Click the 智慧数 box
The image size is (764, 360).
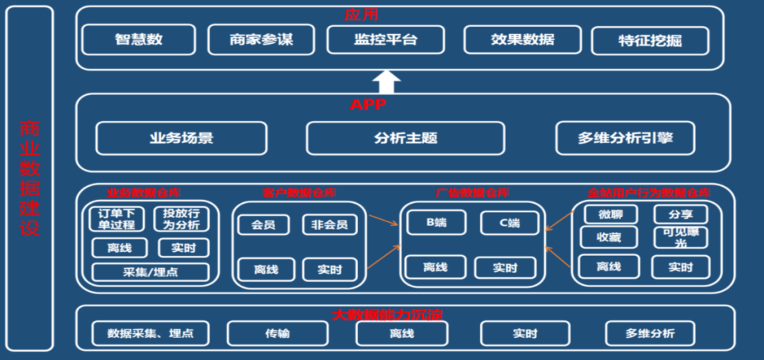point(139,40)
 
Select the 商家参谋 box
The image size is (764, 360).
point(261,40)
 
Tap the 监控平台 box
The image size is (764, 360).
point(386,40)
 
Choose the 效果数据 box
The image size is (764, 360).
point(523,40)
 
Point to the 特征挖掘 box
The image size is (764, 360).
point(649,41)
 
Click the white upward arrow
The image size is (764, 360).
point(386,82)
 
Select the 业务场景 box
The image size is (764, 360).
point(181,139)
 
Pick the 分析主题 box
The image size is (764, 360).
point(405,139)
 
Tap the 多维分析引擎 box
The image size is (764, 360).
point(625,139)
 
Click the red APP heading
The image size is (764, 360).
point(368,105)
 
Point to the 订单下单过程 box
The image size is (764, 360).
point(117,219)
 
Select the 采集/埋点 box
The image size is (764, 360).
point(151,272)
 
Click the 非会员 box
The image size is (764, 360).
point(330,225)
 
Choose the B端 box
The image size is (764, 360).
point(436,223)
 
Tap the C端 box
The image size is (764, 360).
point(509,223)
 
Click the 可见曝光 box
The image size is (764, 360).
point(681,237)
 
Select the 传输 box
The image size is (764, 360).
point(277,333)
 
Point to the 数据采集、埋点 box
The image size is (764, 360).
point(151,333)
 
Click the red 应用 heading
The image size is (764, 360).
point(361,14)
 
